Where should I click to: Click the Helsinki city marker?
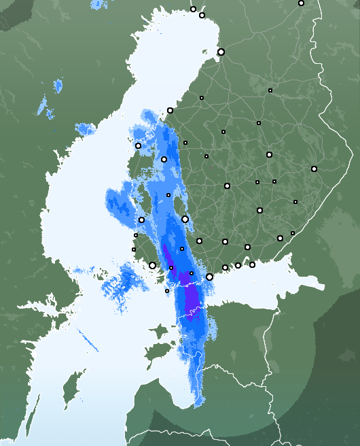coord(209,277)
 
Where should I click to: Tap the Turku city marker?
coord(152,265)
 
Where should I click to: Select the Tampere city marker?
coord(185,219)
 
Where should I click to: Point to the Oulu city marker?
coord(221,52)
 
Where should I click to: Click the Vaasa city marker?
coord(138,145)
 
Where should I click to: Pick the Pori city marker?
coord(141,220)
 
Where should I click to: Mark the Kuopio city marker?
coord(269,154)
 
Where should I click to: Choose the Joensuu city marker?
coord(314,169)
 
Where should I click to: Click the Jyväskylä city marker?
coord(227,186)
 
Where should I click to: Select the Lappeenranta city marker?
coord(280,238)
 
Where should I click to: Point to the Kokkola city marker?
coord(170,110)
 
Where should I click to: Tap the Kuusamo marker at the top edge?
coord(301,3)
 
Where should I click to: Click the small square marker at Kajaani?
coord(270,90)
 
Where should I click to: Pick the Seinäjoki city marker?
coord(164,159)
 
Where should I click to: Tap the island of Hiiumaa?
coord(160,332)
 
